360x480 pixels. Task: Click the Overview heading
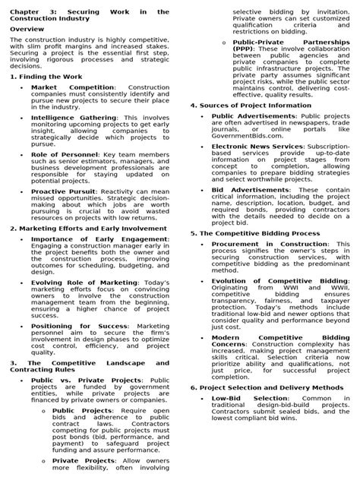click(26, 28)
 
